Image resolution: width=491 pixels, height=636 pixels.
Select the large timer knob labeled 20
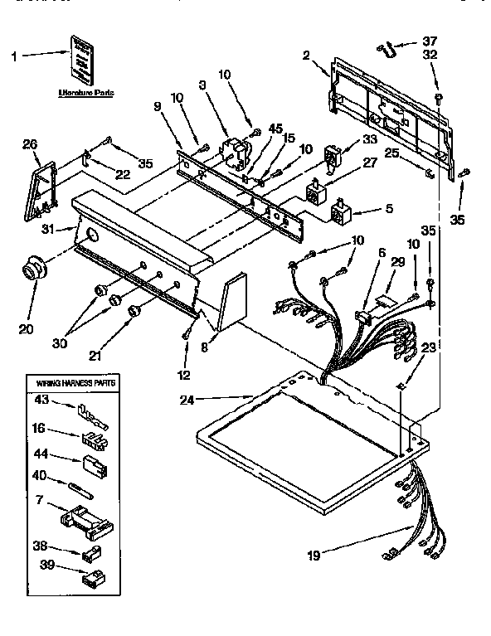(35, 269)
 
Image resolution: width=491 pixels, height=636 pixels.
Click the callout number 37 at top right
(429, 41)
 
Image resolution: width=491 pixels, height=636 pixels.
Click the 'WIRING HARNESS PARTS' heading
(75, 384)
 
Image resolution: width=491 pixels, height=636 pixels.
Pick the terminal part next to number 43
(87, 409)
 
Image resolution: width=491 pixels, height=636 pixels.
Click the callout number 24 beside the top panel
(190, 401)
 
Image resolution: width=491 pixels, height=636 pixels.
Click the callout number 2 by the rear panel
(306, 56)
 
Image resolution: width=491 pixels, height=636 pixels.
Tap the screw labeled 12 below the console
(186, 334)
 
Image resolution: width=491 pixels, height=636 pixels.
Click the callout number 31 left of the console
(47, 230)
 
